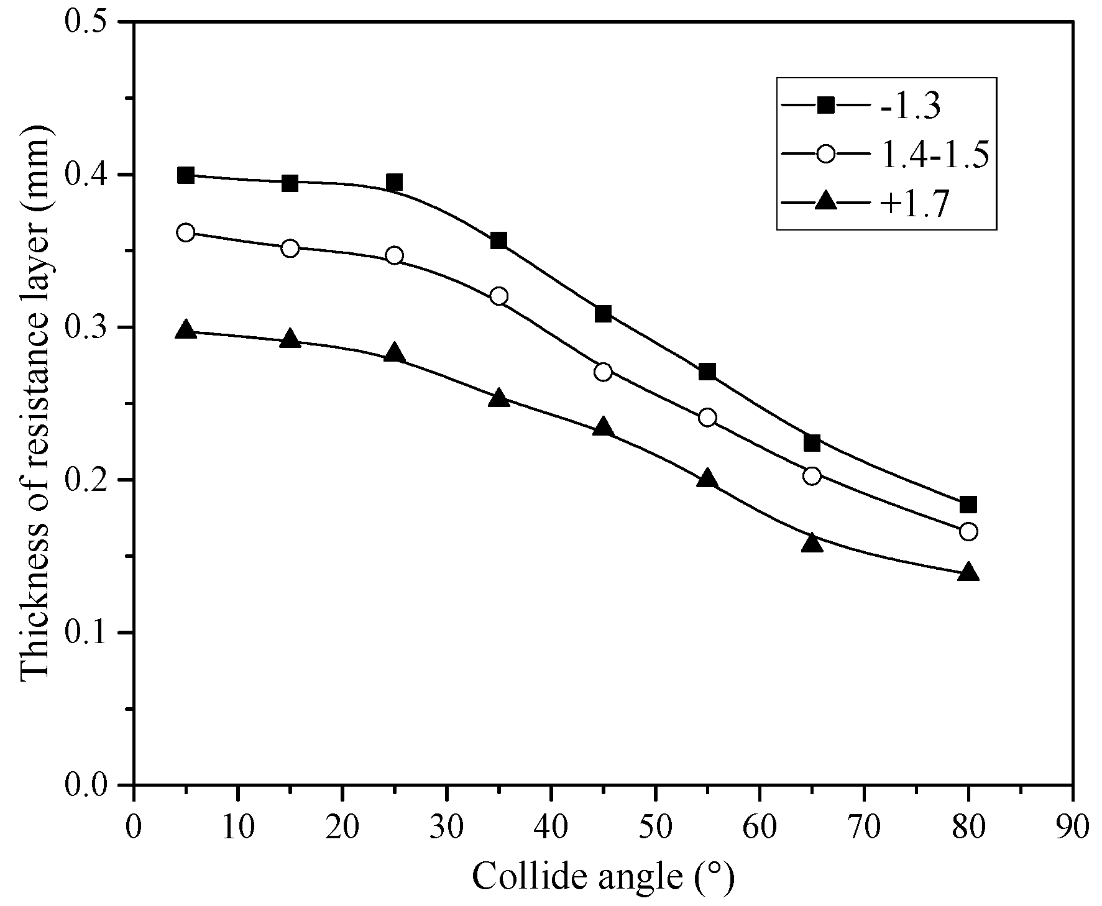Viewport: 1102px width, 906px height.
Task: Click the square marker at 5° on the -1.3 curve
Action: pyautogui.click(x=185, y=175)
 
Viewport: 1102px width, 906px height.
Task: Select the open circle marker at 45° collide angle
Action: pyautogui.click(x=603, y=372)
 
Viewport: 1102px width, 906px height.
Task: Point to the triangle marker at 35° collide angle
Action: pyautogui.click(x=498, y=398)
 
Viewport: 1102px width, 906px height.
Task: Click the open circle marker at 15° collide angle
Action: pyautogui.click(x=290, y=249)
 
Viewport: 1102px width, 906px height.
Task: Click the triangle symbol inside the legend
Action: pyautogui.click(x=825, y=201)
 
